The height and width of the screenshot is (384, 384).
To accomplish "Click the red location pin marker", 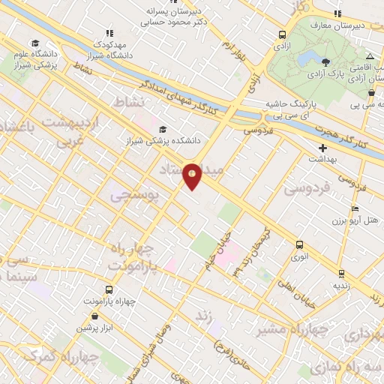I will pos(193,175).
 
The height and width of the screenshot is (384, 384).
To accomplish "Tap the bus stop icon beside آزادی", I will pos(282,34).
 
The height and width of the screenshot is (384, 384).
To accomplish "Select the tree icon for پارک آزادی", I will pos(325,62).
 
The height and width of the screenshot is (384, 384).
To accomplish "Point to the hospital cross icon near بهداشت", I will pos(322,148).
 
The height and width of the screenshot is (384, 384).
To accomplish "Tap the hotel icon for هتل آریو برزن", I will pos(355,208).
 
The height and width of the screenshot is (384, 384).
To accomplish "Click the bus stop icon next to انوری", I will pos(300,244).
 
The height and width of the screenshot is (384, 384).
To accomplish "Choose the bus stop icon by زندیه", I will pos(342,273).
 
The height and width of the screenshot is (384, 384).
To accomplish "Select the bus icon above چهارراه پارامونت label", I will pos(109,290).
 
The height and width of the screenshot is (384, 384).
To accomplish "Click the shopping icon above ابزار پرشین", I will pos(94,316).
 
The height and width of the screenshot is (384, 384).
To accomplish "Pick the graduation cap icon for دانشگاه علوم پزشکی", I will pos(34,43).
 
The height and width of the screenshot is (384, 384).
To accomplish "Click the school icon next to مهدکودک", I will pos(109,33).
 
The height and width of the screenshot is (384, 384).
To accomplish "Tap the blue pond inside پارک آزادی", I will pos(305,58).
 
